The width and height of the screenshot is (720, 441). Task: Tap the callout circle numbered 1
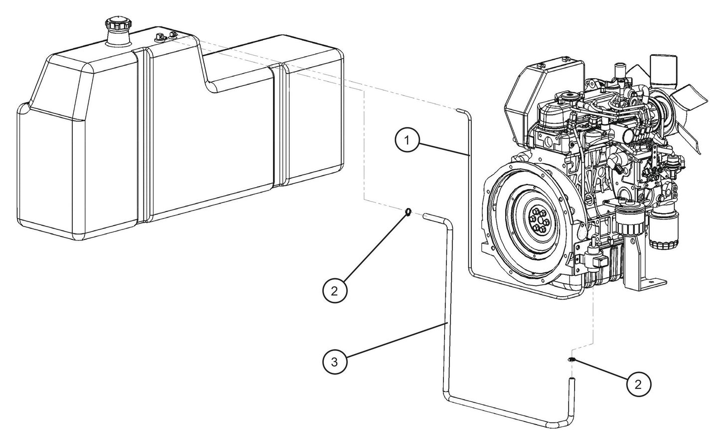click(x=407, y=141)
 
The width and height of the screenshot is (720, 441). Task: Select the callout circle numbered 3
click(x=335, y=362)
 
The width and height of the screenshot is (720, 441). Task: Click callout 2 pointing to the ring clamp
click(x=335, y=291)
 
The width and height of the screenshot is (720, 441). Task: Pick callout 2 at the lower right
click(x=638, y=384)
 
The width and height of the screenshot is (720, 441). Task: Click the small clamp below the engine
click(x=571, y=360)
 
